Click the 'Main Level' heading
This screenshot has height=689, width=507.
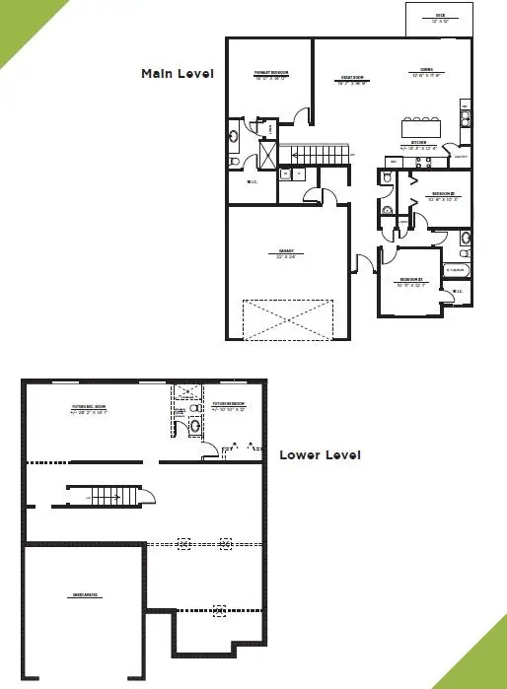178,73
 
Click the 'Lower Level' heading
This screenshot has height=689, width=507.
320,454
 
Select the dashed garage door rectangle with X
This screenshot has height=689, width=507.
288,318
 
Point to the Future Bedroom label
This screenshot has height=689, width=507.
229,406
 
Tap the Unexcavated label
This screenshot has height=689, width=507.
84,596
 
